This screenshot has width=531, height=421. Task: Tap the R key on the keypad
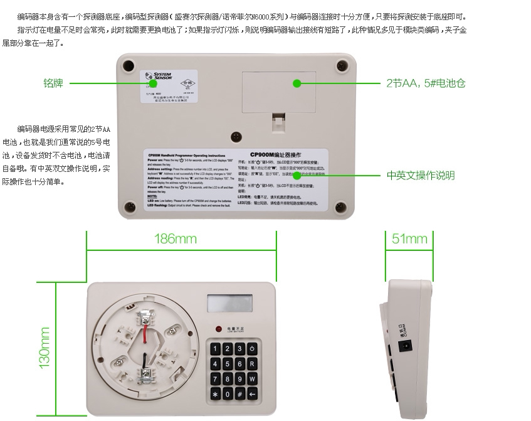point(252,364)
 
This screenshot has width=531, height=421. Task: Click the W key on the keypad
point(252,379)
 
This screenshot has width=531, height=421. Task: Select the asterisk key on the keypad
point(214,394)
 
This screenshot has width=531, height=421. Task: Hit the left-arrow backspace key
point(252,394)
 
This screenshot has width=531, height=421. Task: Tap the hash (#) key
point(239,394)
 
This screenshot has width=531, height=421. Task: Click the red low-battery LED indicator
point(218,329)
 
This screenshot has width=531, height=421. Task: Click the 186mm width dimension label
point(176,239)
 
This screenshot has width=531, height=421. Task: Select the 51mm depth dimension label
point(409,239)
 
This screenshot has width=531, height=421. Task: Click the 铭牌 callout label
point(53,83)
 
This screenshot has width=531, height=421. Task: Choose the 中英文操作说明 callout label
point(421,176)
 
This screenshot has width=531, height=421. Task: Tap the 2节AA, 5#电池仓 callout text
point(426,83)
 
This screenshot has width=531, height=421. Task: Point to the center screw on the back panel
point(236,136)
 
